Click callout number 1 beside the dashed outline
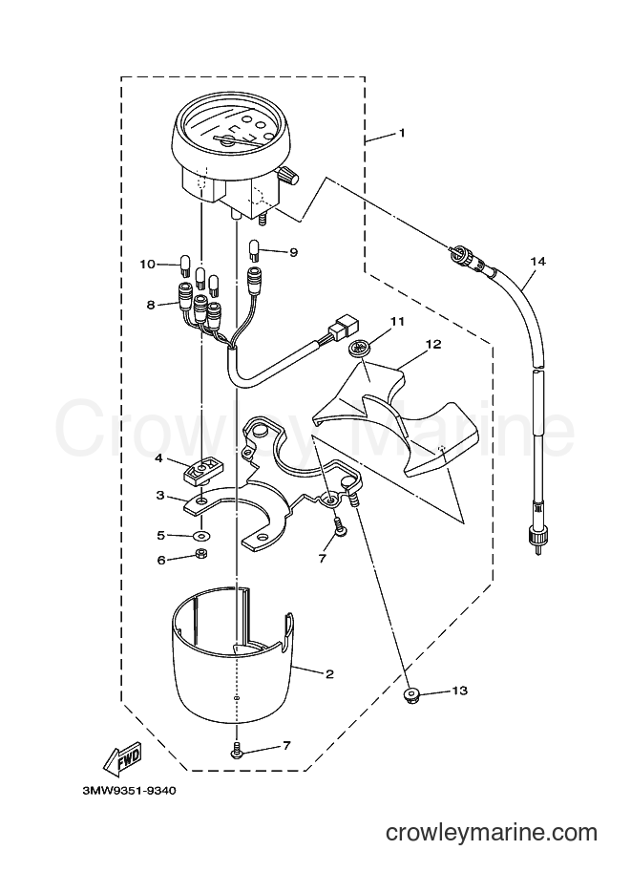tap(401, 134)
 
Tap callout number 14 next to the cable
tap(537, 261)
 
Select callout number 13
tap(460, 691)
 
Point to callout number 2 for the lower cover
tap(329, 674)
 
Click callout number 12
tap(433, 344)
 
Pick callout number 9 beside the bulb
tap(293, 252)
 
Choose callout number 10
tap(147, 264)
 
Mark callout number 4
tap(158, 458)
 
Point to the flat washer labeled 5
tap(198, 536)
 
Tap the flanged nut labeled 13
tap(410, 694)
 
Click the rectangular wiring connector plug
tap(344, 326)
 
